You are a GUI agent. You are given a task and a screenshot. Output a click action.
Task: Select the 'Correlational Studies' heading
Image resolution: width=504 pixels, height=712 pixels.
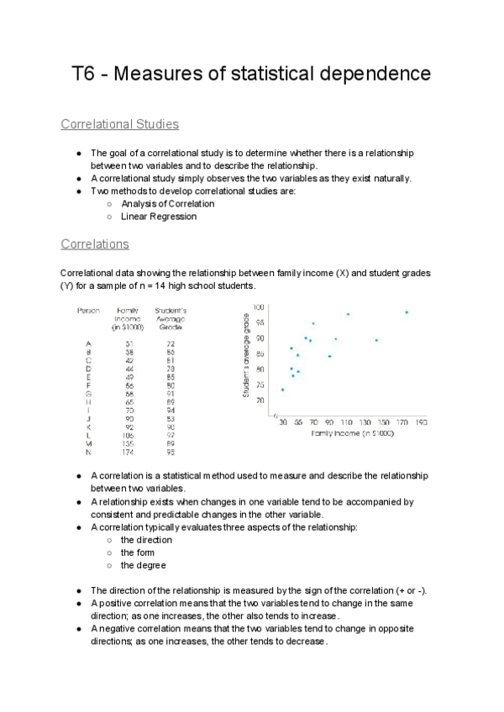(119, 124)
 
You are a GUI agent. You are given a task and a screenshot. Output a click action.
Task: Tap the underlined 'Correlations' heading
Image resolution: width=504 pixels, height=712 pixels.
(95, 244)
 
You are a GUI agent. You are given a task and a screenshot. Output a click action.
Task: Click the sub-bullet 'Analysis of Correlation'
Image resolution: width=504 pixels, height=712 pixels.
(167, 203)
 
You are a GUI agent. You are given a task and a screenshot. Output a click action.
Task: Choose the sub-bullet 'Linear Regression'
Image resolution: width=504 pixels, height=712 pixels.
(159, 217)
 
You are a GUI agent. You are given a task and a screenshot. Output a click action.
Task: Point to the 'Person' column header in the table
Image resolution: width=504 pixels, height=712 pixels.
(89, 311)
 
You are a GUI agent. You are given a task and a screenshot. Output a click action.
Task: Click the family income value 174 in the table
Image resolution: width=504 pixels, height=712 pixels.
(129, 452)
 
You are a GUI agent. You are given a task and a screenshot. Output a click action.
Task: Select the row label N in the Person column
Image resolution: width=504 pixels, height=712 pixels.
(88, 452)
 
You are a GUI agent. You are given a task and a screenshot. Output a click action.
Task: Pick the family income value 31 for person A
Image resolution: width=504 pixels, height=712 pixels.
(129, 343)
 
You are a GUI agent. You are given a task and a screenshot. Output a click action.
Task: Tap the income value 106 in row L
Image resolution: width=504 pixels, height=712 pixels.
(129, 435)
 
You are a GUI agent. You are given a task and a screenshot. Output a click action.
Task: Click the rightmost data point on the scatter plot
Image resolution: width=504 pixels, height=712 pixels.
(407, 312)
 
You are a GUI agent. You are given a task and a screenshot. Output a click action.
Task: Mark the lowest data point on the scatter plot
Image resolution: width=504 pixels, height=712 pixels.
(282, 390)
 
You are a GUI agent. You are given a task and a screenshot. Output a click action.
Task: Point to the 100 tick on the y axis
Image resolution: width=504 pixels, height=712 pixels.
(260, 308)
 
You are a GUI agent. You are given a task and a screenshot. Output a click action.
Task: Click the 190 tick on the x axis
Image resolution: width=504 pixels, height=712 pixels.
(421, 423)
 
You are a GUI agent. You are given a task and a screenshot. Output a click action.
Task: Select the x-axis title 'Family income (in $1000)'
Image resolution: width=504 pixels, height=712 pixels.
(352, 433)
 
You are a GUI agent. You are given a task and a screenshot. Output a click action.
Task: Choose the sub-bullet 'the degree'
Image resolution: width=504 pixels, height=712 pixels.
(144, 565)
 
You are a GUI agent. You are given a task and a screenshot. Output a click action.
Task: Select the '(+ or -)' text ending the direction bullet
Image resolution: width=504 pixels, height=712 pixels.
(407, 590)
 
